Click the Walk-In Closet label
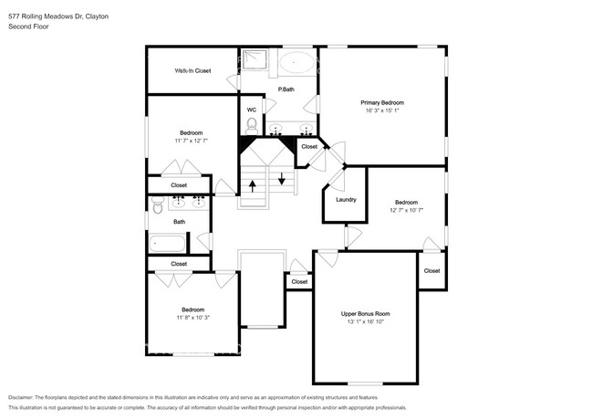pyautogui.click(x=192, y=70)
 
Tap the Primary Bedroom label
pyautogui.click(x=383, y=102)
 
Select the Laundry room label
pyautogui.click(x=346, y=199)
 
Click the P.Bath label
pyautogui.click(x=286, y=89)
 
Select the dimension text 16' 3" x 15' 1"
pyautogui.click(x=383, y=111)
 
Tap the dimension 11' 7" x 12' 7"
pyautogui.click(x=192, y=141)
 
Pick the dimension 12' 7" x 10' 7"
pyautogui.click(x=406, y=211)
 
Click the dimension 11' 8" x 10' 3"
pyautogui.click(x=192, y=318)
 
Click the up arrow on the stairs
pyautogui.click(x=252, y=185)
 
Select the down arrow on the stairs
pyautogui.click(x=282, y=178)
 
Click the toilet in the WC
pyautogui.click(x=253, y=125)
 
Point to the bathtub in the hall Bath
pyautogui.click(x=168, y=243)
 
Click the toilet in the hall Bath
pyautogui.click(x=157, y=209)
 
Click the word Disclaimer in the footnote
pyautogui.click(x=26, y=397)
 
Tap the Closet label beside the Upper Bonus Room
pyautogui.click(x=299, y=282)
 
